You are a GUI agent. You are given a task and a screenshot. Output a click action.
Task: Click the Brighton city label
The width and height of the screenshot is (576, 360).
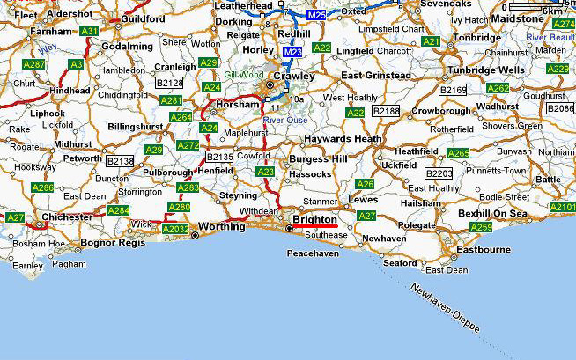(314, 218)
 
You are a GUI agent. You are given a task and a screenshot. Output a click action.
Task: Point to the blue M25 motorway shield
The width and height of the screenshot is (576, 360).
(316, 15)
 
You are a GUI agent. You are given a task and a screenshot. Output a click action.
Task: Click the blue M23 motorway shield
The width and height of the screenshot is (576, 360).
(292, 54)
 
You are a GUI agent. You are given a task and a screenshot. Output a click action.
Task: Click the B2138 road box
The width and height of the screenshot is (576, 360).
(120, 161)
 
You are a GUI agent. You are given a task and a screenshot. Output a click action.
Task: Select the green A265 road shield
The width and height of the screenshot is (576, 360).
(457, 153)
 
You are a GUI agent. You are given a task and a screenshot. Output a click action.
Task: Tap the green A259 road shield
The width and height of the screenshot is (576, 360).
(480, 227)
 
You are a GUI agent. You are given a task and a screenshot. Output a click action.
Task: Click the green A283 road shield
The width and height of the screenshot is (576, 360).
(188, 187)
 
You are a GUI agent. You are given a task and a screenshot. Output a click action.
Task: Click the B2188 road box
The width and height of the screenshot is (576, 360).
(386, 112)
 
